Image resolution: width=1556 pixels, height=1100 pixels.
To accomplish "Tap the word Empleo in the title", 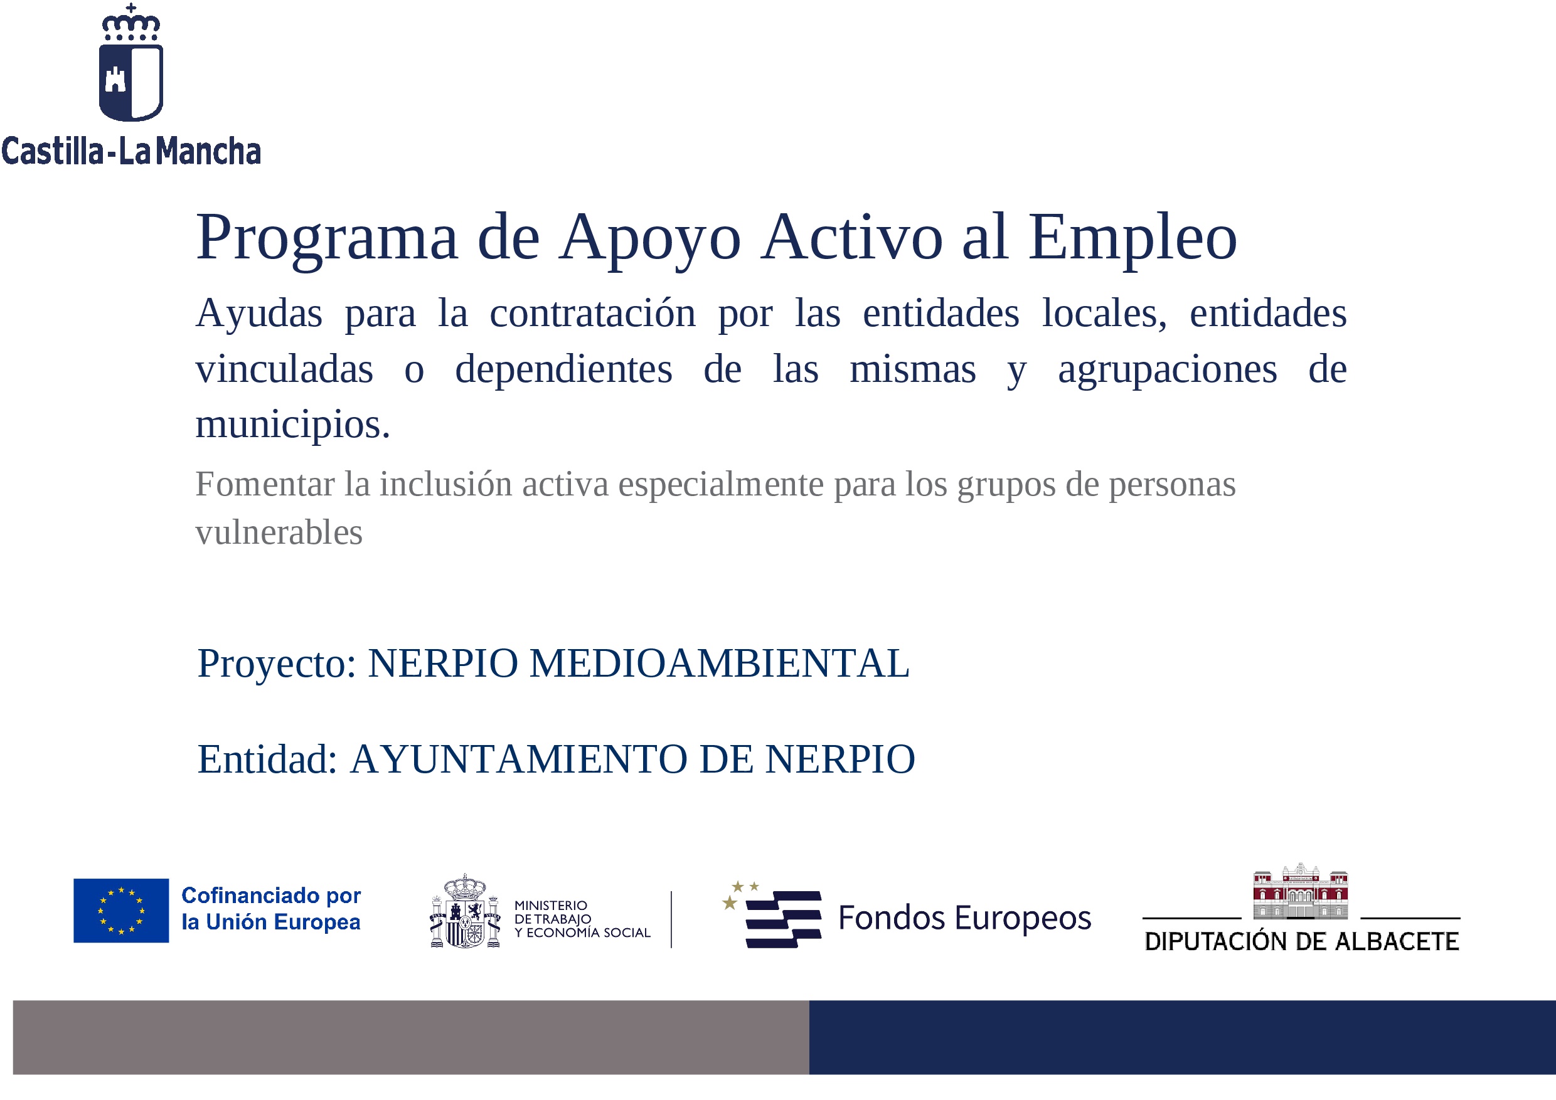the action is coord(1132,238).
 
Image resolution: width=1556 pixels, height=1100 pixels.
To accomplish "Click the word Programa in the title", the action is coord(327,238).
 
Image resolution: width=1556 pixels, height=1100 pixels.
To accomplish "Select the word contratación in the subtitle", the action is coord(592,313).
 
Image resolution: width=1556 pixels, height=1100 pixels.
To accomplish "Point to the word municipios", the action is coord(293,425).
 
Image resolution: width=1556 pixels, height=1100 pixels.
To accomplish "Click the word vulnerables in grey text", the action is coord(279,532).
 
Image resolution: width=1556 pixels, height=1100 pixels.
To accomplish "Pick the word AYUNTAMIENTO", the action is coord(518,759).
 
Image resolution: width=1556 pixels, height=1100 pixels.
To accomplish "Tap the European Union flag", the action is coord(121,911).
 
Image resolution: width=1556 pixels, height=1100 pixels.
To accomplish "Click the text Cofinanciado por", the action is coord(271,896).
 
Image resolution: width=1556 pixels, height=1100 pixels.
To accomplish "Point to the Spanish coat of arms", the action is coord(465,911).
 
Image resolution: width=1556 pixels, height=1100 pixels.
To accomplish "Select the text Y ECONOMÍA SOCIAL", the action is coord(582,933).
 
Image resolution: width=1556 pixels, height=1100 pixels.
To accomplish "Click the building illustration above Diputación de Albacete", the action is coord(1301,891).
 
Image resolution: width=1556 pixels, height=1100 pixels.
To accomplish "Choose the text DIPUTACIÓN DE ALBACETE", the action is coord(1301,941).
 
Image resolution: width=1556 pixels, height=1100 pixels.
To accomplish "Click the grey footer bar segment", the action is coord(411,1037).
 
